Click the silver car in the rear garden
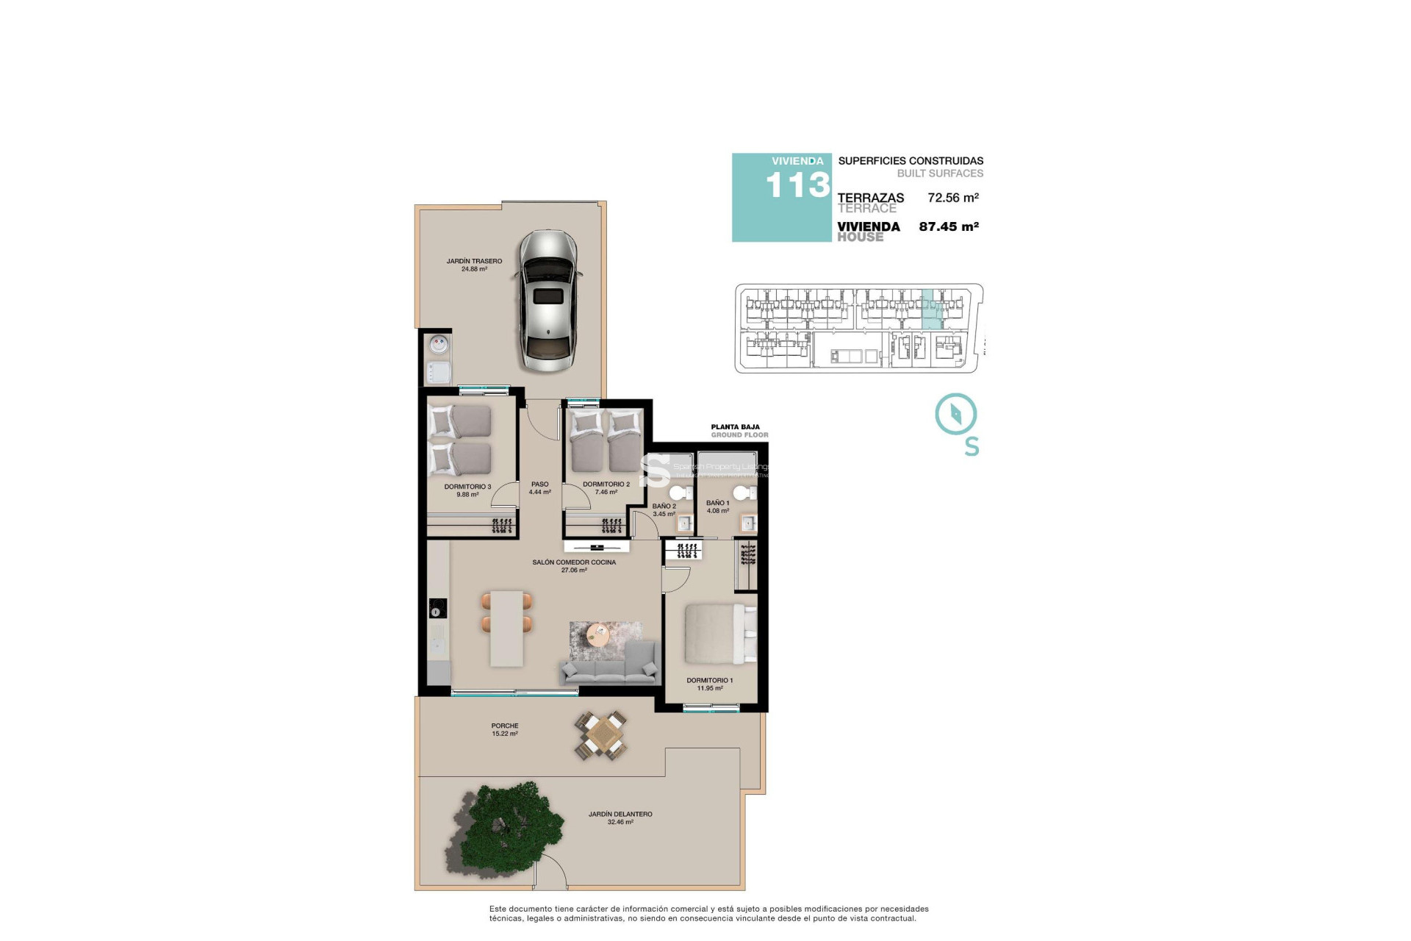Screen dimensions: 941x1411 click(548, 301)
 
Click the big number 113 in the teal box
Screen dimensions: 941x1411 click(797, 185)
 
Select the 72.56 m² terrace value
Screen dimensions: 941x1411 click(952, 198)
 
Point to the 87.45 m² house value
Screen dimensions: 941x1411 click(948, 227)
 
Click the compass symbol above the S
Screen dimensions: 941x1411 click(955, 414)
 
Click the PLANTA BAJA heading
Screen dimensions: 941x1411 click(735, 427)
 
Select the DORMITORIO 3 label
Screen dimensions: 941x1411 click(467, 487)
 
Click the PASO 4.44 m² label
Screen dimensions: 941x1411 click(539, 488)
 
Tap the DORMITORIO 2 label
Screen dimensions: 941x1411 click(606, 484)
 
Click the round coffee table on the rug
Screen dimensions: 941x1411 click(598, 634)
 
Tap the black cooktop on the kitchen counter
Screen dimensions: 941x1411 click(438, 609)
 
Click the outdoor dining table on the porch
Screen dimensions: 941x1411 click(602, 735)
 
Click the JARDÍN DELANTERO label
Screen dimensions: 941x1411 click(620, 815)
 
